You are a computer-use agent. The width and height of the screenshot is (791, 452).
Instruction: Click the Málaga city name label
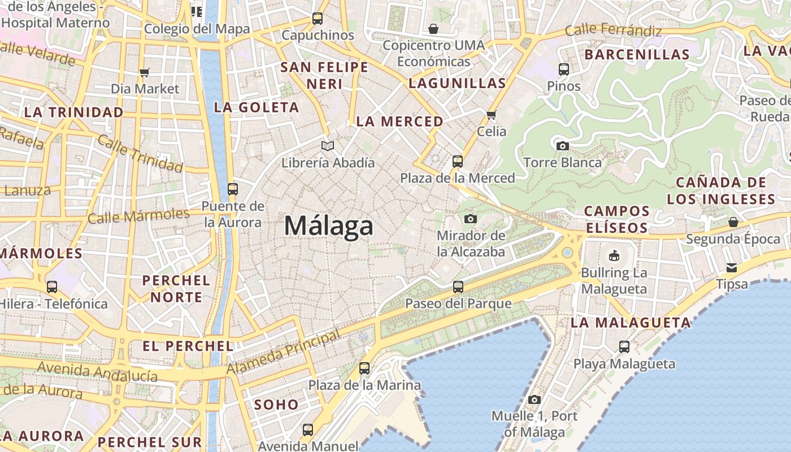(x=328, y=226)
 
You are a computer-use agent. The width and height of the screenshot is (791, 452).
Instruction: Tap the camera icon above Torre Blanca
(x=562, y=146)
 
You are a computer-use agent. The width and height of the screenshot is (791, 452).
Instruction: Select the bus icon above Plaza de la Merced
(x=458, y=162)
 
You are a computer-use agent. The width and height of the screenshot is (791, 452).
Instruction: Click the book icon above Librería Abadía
(x=328, y=146)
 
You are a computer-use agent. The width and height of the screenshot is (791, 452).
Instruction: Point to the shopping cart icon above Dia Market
(x=144, y=72)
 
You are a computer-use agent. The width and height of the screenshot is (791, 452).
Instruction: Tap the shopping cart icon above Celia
(x=492, y=115)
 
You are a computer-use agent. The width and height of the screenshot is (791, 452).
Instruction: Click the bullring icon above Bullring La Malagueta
(x=614, y=256)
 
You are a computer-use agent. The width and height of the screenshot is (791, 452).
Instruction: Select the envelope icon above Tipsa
(x=732, y=268)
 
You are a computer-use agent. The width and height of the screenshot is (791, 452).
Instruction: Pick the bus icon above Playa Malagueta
(x=624, y=347)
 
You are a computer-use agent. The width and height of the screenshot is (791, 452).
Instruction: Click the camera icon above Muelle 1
(x=534, y=400)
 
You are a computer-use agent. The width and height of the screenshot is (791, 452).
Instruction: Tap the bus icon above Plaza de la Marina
(x=364, y=368)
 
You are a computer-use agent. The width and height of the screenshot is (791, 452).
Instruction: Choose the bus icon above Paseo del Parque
(x=458, y=287)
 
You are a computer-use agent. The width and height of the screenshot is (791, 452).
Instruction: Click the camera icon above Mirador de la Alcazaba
(x=471, y=219)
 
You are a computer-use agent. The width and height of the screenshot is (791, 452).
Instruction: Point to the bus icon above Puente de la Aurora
(x=232, y=189)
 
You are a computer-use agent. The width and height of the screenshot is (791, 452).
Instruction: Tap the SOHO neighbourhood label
(x=276, y=405)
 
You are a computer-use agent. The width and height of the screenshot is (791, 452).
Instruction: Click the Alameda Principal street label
(x=284, y=351)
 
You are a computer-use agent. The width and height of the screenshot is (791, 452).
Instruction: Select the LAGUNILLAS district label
(x=457, y=84)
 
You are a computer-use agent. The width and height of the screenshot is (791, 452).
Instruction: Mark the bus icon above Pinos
(x=564, y=69)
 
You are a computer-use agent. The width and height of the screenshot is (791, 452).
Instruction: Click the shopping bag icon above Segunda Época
(x=733, y=222)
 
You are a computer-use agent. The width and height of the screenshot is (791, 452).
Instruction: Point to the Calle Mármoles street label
(x=138, y=216)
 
